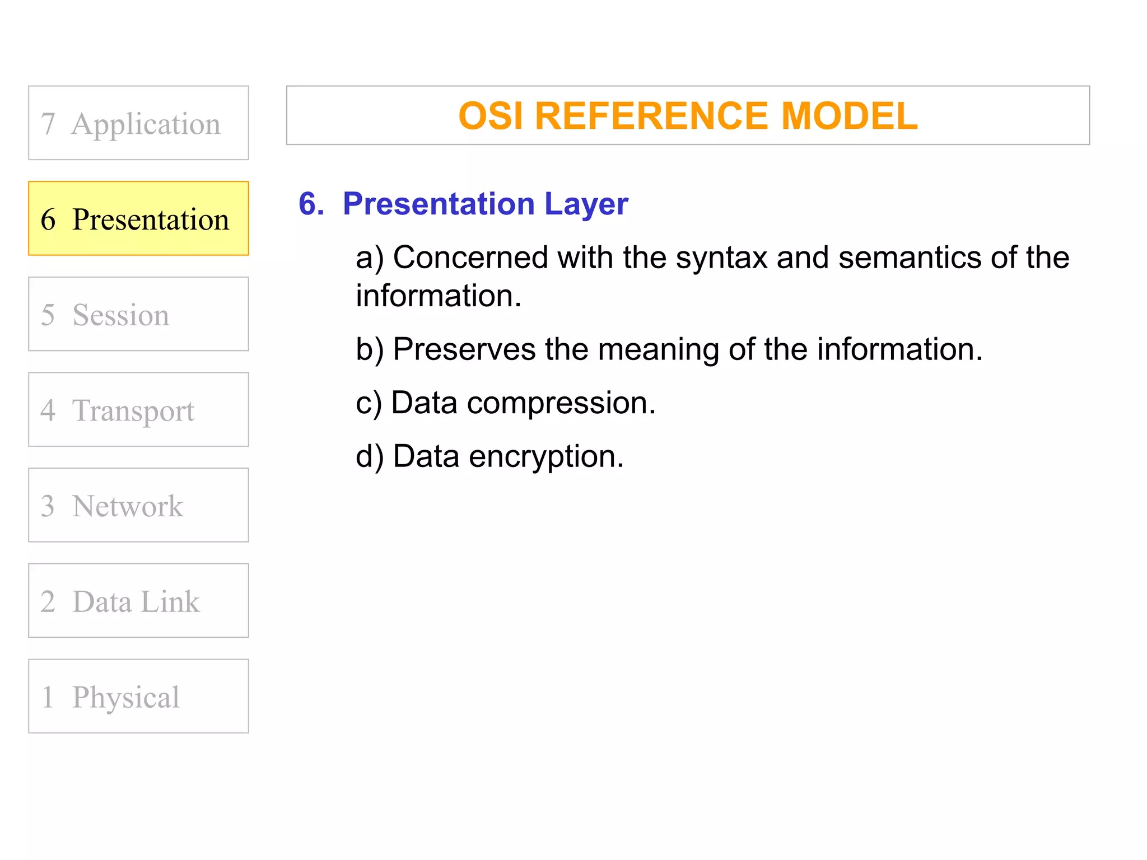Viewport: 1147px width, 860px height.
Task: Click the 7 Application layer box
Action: pos(138,123)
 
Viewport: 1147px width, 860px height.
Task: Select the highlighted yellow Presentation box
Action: pos(138,218)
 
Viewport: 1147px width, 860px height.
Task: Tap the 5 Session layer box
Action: pos(138,314)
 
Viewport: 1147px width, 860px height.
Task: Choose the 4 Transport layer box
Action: pos(138,409)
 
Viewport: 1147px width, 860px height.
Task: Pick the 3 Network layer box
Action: pos(138,505)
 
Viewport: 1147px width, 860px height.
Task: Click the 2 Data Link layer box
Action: pos(138,601)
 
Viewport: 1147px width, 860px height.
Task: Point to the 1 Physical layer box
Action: pos(138,696)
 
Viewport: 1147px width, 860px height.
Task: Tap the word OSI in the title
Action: pos(491,116)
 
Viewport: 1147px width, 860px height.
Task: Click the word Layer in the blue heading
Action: pos(586,204)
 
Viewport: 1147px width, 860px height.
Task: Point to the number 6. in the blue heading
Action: pos(311,204)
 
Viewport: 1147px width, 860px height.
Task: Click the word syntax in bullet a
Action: pos(721,258)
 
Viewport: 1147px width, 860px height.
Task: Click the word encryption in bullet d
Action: pos(546,457)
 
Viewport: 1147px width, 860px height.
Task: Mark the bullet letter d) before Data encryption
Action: pos(370,457)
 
